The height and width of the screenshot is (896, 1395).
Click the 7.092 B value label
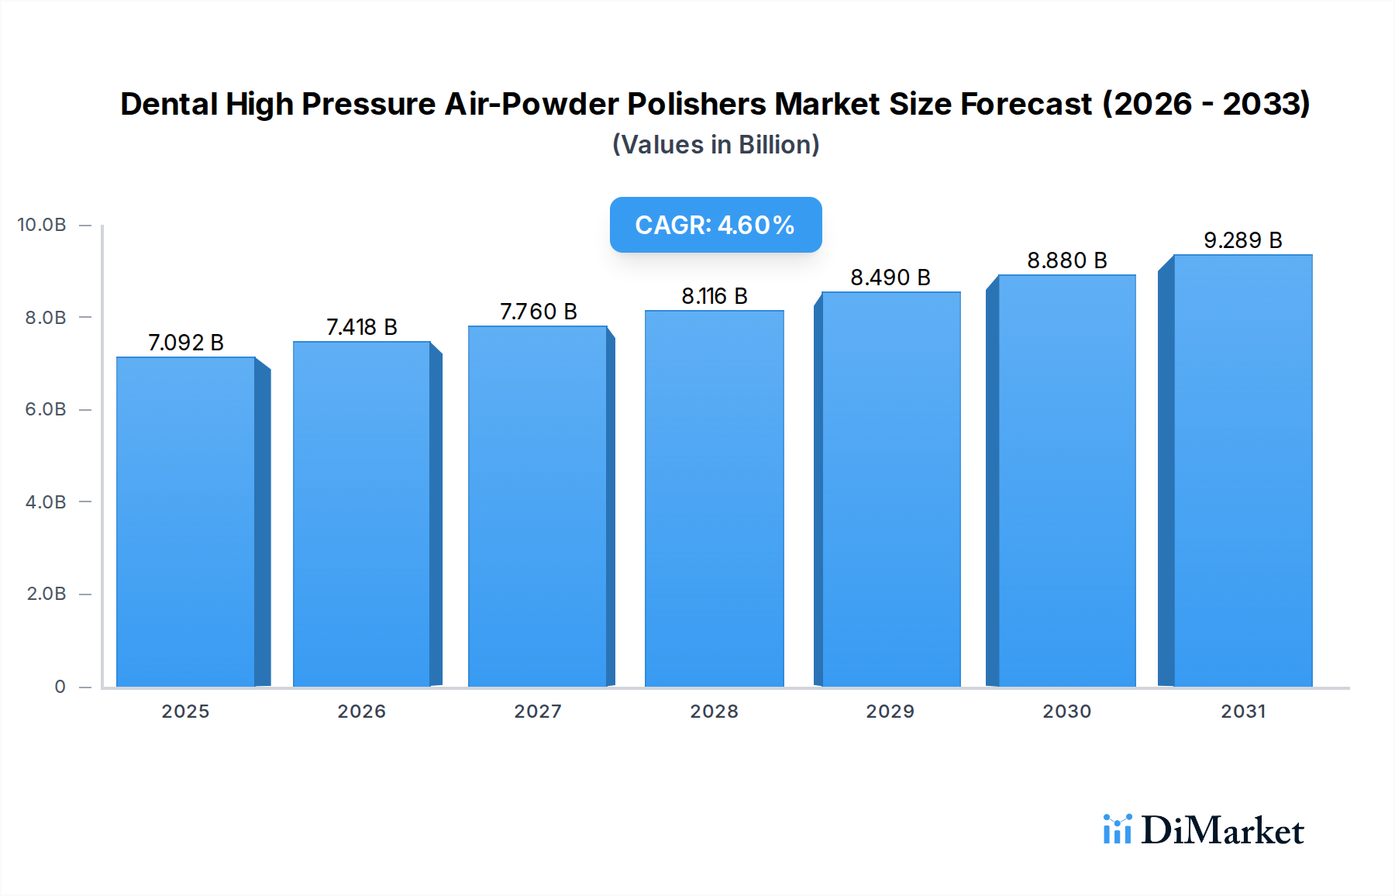186,343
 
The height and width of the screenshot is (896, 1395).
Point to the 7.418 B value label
362,327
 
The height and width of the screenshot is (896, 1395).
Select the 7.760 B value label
539,312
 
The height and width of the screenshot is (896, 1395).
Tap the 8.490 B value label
890,277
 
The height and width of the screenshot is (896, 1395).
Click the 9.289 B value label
1243,240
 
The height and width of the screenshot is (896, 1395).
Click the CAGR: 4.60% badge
715,225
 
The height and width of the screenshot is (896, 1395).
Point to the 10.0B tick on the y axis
42,225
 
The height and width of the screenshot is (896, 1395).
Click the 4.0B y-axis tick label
46,502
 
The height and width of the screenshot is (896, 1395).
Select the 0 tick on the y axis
60,687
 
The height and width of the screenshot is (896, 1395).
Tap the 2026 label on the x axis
362,712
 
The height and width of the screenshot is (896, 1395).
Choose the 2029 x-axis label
890,712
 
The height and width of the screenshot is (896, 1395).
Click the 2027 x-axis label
539,712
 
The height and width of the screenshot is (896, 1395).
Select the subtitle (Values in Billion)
715,145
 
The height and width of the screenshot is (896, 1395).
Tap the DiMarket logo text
1223,831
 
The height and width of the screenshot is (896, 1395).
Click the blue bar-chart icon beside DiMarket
1118,829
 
